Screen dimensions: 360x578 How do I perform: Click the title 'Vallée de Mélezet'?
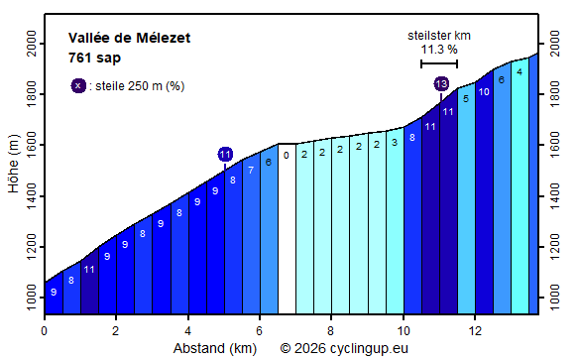click(x=129, y=39)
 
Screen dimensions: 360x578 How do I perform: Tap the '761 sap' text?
click(x=94, y=58)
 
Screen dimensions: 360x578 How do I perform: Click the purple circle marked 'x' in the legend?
click(x=78, y=85)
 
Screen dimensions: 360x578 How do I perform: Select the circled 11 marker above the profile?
click(x=225, y=154)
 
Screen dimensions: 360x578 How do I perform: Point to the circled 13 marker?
click(x=441, y=84)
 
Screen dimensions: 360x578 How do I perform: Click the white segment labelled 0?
click(x=287, y=228)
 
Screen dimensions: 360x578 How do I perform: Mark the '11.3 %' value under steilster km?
click(x=439, y=50)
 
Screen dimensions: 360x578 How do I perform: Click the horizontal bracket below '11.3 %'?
click(x=439, y=63)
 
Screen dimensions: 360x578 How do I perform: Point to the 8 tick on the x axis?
click(x=331, y=331)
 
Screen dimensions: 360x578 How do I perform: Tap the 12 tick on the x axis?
click(x=475, y=331)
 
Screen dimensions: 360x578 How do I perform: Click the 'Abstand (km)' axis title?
click(x=215, y=348)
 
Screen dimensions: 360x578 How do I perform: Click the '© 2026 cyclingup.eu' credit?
click(x=344, y=348)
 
